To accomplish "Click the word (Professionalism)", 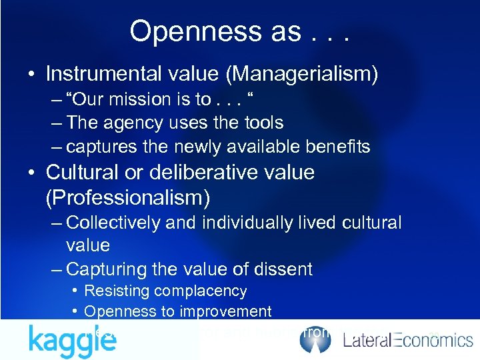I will tap(127, 197).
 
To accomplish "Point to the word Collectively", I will tap(114, 223).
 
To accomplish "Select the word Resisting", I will tap(117, 291).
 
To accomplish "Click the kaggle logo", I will tap(72, 341).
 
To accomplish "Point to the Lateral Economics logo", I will tap(408, 341).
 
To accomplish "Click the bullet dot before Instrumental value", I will tap(32, 75).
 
